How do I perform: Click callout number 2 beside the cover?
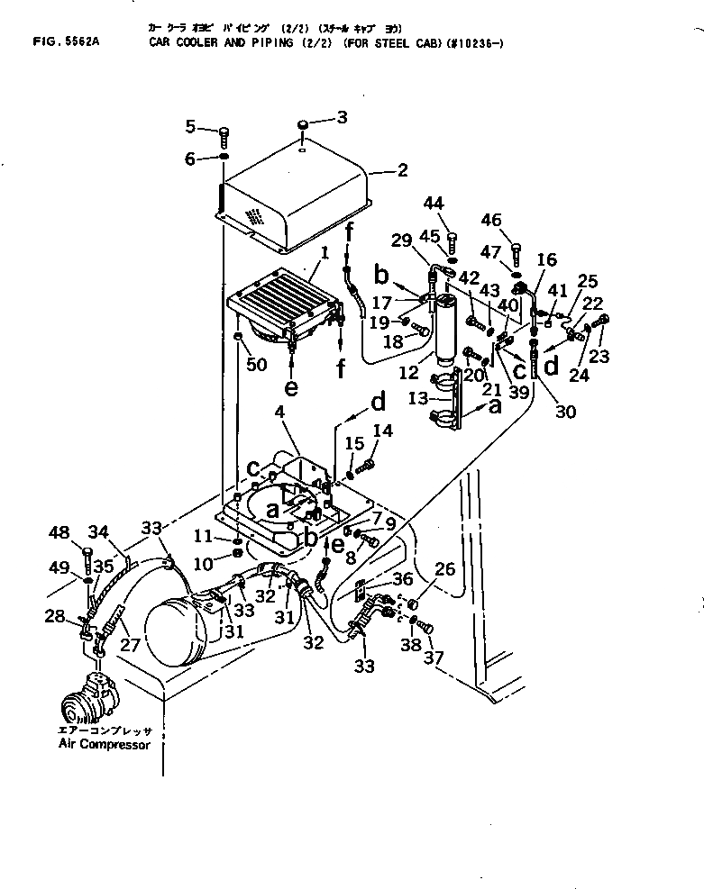pyautogui.click(x=402, y=170)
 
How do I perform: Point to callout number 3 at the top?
pyautogui.click(x=342, y=116)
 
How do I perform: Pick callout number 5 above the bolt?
pyautogui.click(x=190, y=124)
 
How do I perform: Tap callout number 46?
pyautogui.click(x=516, y=219)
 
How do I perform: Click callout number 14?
pyautogui.click(x=383, y=431)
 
